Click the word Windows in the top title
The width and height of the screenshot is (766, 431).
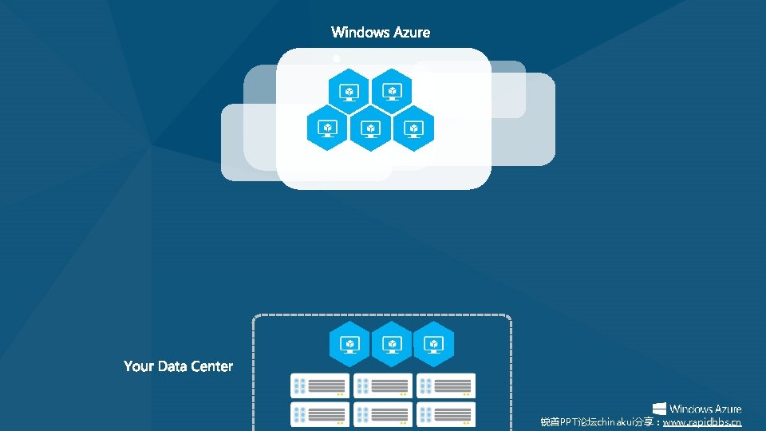pyautogui.click(x=360, y=33)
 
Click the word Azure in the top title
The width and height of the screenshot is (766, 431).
pyautogui.click(x=412, y=33)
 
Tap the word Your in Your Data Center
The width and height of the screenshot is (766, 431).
pyautogui.click(x=138, y=366)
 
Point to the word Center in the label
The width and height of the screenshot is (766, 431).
pyautogui.click(x=212, y=366)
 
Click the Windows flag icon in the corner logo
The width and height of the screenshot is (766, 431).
pyautogui.click(x=660, y=409)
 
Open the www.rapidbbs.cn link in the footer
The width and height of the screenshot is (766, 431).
pyautogui.click(x=702, y=422)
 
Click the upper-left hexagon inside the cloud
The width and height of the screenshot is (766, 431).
pyautogui.click(x=349, y=91)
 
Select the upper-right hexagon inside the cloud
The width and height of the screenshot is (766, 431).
pyautogui.click(x=392, y=91)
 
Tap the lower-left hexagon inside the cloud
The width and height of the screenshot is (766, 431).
pyautogui.click(x=327, y=128)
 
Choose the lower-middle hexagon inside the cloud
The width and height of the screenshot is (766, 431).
pyautogui.click(x=370, y=128)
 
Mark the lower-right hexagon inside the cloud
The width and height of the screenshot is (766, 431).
pyautogui.click(x=413, y=128)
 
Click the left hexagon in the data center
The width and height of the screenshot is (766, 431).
pyautogui.click(x=349, y=344)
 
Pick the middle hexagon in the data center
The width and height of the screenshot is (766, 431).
pyautogui.click(x=392, y=344)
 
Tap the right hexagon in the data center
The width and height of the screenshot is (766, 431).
pyautogui.click(x=434, y=344)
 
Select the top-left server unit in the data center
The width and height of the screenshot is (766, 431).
pyautogui.click(x=320, y=386)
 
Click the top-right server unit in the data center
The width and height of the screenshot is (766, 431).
pyautogui.click(x=446, y=386)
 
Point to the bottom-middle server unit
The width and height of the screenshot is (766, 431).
pyautogui.click(x=383, y=414)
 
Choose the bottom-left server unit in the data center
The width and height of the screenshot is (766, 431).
pyautogui.click(x=320, y=414)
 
